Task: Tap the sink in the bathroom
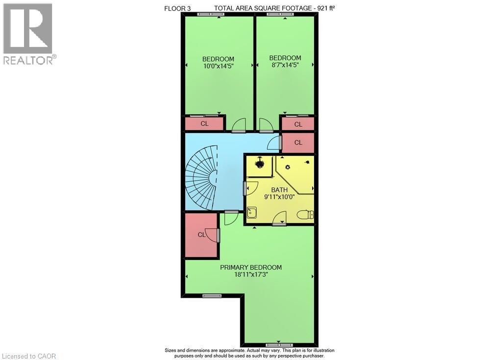251,213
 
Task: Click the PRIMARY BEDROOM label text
251,267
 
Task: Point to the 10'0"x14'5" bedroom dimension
218,66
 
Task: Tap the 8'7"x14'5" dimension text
285,64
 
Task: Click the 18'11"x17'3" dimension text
251,274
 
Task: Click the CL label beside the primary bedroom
201,235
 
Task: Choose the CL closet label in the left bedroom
204,123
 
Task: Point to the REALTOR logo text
28,60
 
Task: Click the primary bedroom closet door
212,236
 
